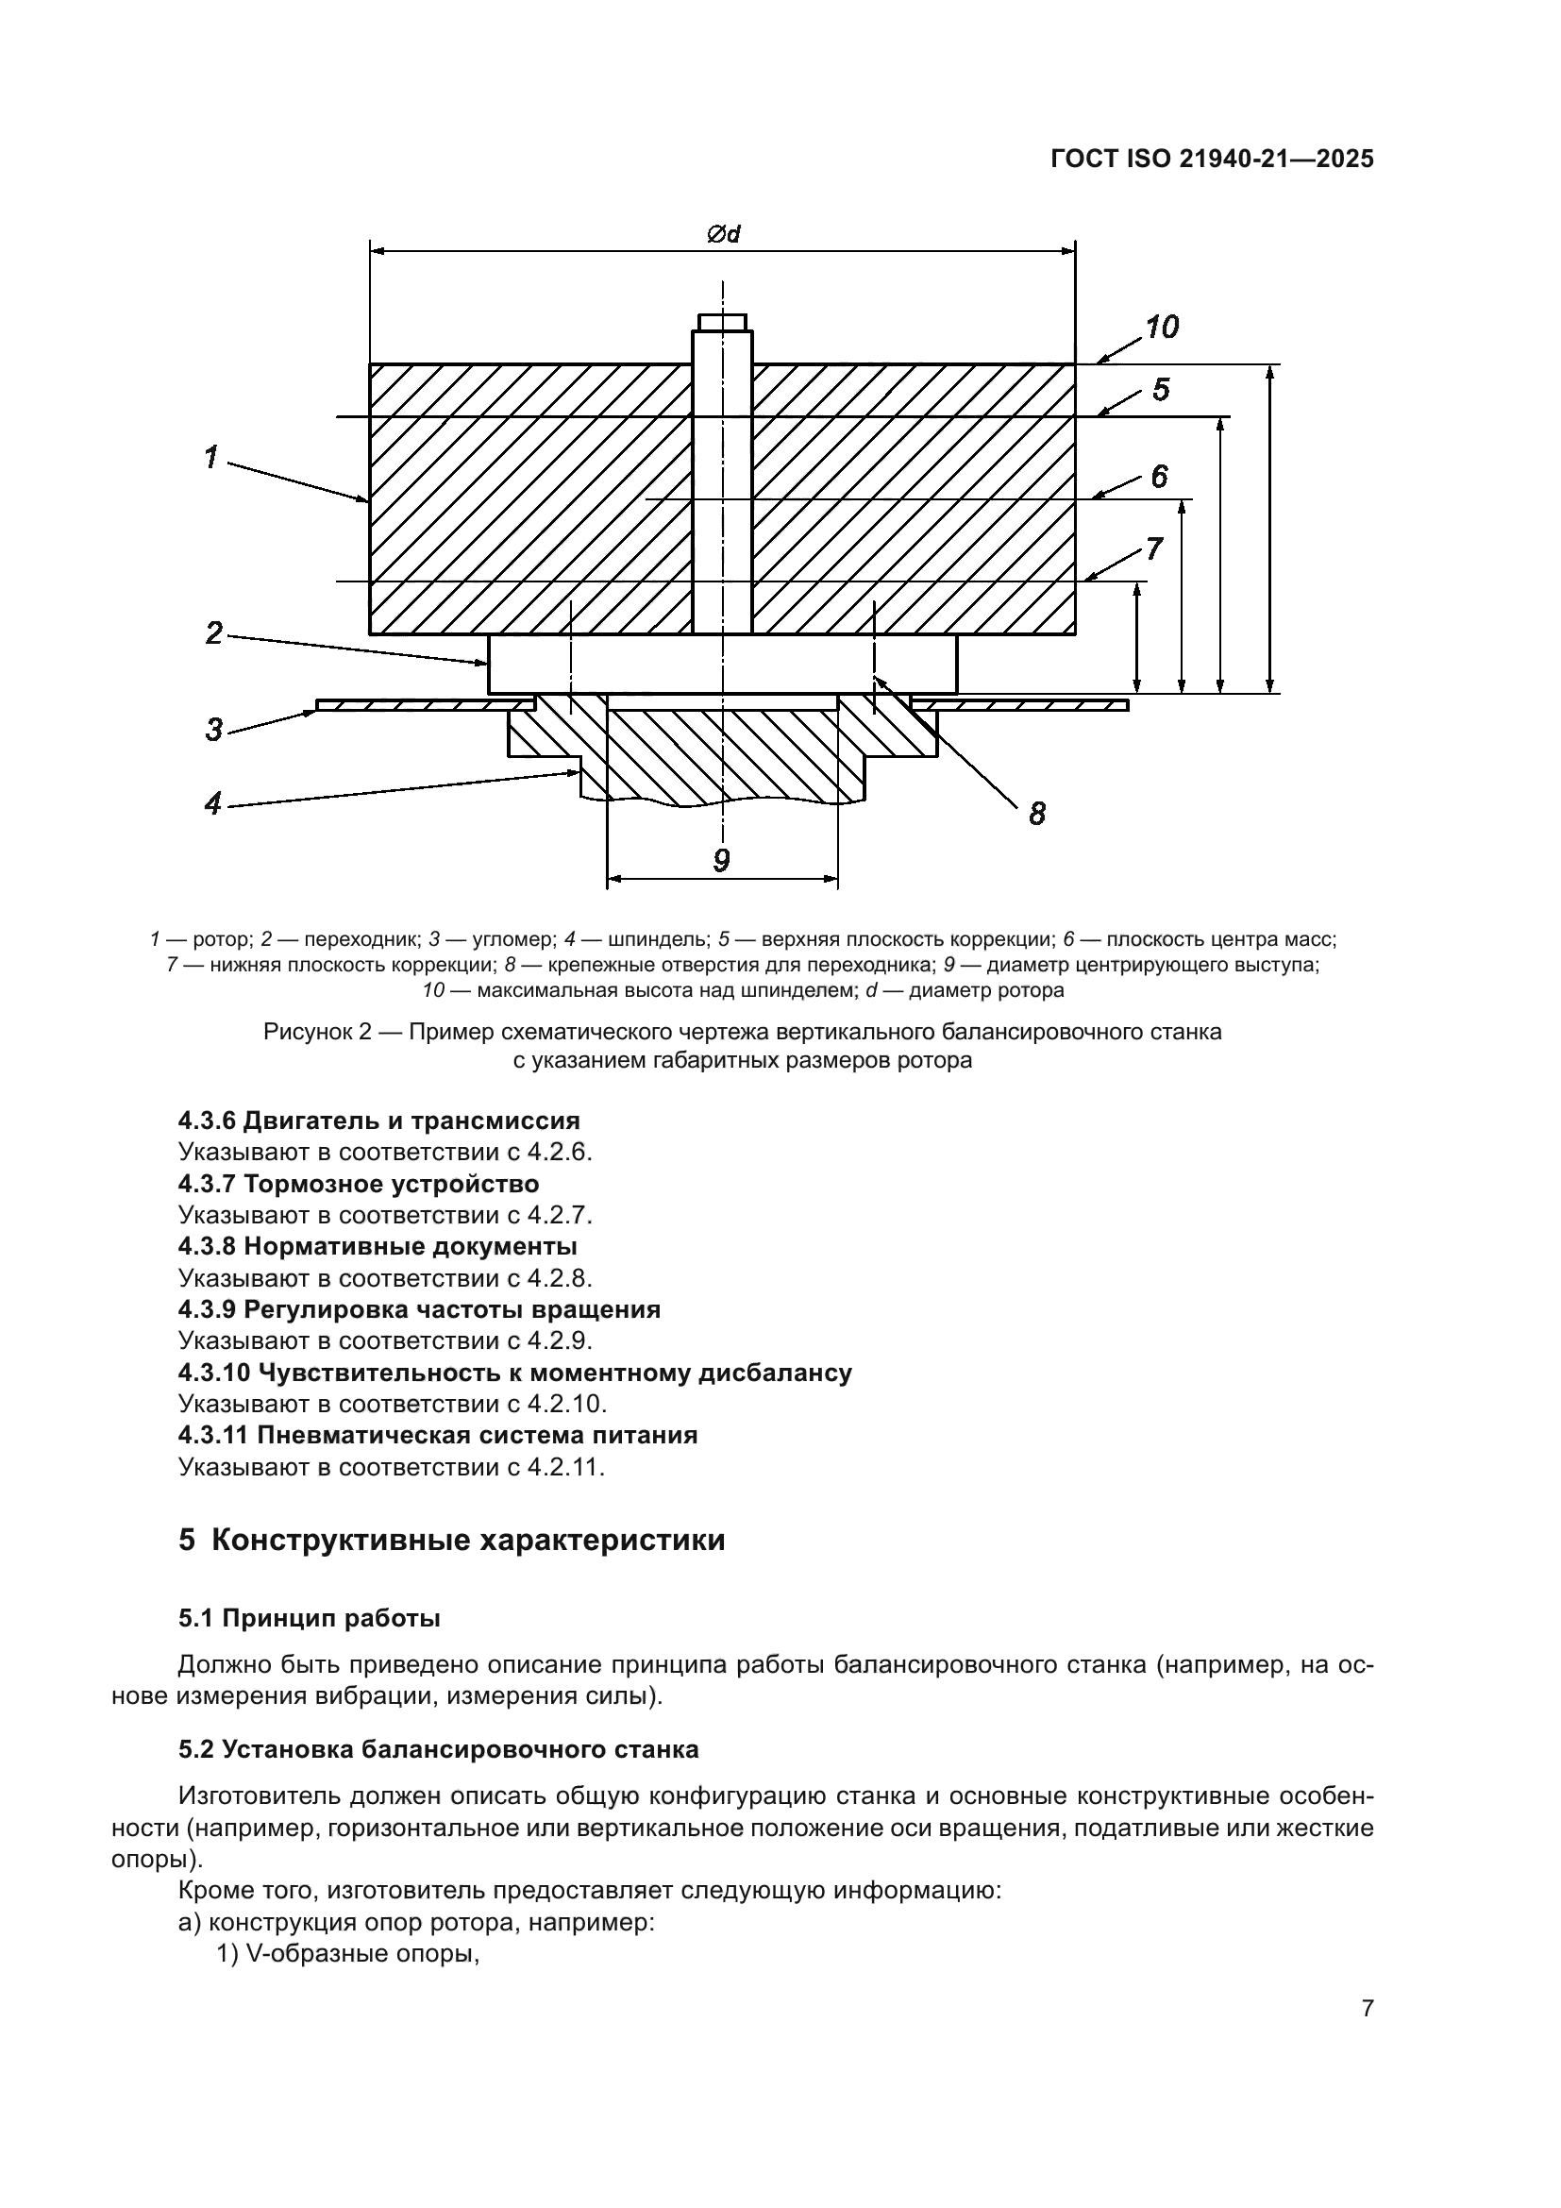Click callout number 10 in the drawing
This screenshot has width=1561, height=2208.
pos(1162,328)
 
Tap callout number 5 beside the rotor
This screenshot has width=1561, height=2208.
pos(1161,391)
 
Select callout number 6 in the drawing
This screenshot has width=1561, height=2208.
pos(1159,476)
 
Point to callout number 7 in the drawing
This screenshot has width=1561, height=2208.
pos(1153,549)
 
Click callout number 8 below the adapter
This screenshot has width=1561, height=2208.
pos(1037,815)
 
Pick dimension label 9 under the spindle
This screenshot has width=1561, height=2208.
pos(722,860)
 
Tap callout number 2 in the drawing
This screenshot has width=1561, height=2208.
pos(213,632)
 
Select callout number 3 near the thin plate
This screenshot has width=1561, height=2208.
pos(213,729)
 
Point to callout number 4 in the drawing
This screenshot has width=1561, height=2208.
pos(212,803)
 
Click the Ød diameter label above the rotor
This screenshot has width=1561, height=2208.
pos(723,234)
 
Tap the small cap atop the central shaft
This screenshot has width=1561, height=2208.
pos(723,321)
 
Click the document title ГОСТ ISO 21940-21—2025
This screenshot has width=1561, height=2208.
pos(1212,160)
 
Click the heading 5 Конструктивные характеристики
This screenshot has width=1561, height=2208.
pos(452,1541)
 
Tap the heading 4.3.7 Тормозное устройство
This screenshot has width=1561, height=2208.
pos(359,1184)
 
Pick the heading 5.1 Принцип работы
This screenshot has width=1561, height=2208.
pos(310,1619)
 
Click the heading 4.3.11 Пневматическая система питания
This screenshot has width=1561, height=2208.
pos(438,1436)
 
